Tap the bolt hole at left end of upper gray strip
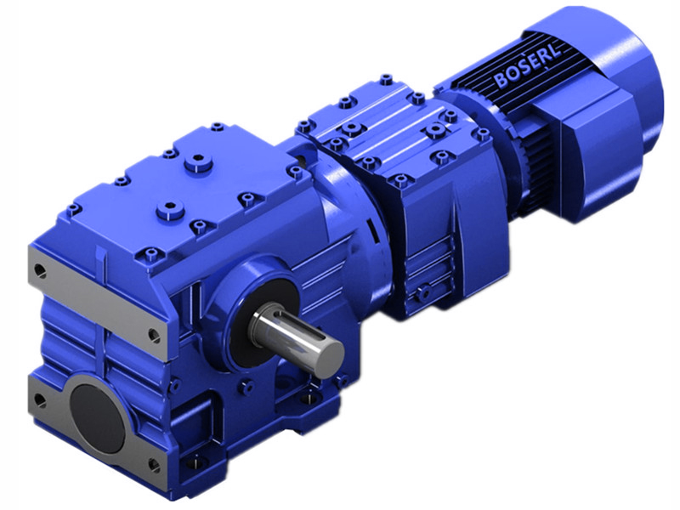(39, 271)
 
